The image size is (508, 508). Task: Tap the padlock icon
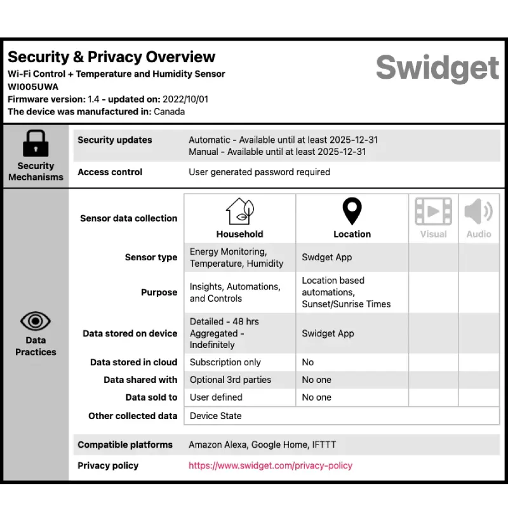36,144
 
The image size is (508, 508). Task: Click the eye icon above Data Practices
36,320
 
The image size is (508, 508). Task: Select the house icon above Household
239,211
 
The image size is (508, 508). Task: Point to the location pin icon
352,211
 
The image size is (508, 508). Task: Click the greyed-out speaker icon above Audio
479,211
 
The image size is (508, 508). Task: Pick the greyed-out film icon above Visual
433,211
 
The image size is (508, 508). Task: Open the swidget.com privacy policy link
271,465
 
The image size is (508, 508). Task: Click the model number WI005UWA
33,86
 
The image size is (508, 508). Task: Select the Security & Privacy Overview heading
111,57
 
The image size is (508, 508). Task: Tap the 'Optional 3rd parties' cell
231,380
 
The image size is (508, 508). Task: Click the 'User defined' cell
216,398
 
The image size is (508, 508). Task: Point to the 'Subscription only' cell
225,362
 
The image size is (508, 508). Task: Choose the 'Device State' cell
216,416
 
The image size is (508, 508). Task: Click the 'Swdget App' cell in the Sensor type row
327,257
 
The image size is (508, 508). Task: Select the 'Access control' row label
110,172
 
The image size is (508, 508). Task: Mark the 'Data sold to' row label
151,398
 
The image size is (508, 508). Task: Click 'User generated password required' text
259,172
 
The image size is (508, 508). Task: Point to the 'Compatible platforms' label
125,444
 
